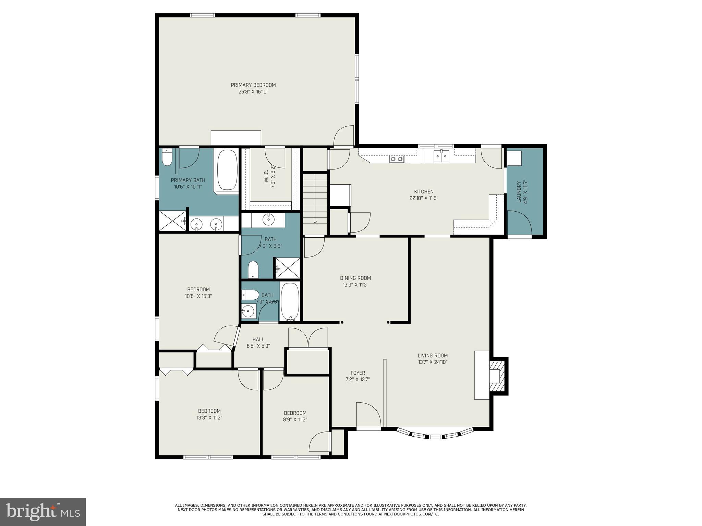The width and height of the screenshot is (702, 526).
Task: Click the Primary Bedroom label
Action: (253, 85)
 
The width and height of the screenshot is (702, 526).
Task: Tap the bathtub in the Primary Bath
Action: (227, 170)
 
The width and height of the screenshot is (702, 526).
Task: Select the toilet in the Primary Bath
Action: (167, 158)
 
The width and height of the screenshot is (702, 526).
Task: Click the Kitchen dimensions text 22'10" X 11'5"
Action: (424, 198)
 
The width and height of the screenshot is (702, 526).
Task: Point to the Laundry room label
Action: (519, 192)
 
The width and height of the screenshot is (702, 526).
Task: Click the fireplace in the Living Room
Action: (497, 376)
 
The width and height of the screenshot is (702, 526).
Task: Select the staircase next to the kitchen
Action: (315, 199)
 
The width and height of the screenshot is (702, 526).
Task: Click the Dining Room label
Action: (355, 278)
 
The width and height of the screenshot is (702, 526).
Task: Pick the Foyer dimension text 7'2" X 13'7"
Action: (358, 379)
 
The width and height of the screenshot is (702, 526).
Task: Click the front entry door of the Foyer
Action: (368, 416)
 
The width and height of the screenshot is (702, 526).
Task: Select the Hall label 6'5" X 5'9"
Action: (258, 342)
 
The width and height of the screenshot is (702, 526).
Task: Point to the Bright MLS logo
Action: (43, 512)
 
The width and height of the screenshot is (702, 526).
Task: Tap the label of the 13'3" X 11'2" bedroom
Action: (209, 411)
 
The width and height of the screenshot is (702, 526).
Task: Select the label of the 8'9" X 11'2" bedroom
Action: (295, 413)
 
